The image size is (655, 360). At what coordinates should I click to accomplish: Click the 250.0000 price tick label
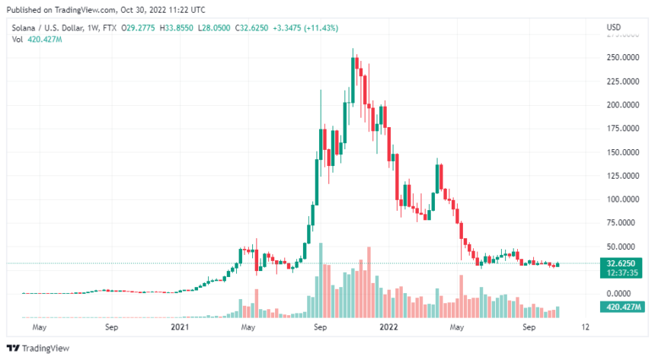pyautogui.click(x=621, y=57)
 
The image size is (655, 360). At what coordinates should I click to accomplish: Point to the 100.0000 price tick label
pyautogui.click(x=621, y=199)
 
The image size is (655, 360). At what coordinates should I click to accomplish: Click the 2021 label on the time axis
pyautogui.click(x=179, y=328)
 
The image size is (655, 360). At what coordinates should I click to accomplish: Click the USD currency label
pyautogui.click(x=614, y=28)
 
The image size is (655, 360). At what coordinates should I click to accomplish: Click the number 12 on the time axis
pyautogui.click(x=584, y=328)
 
